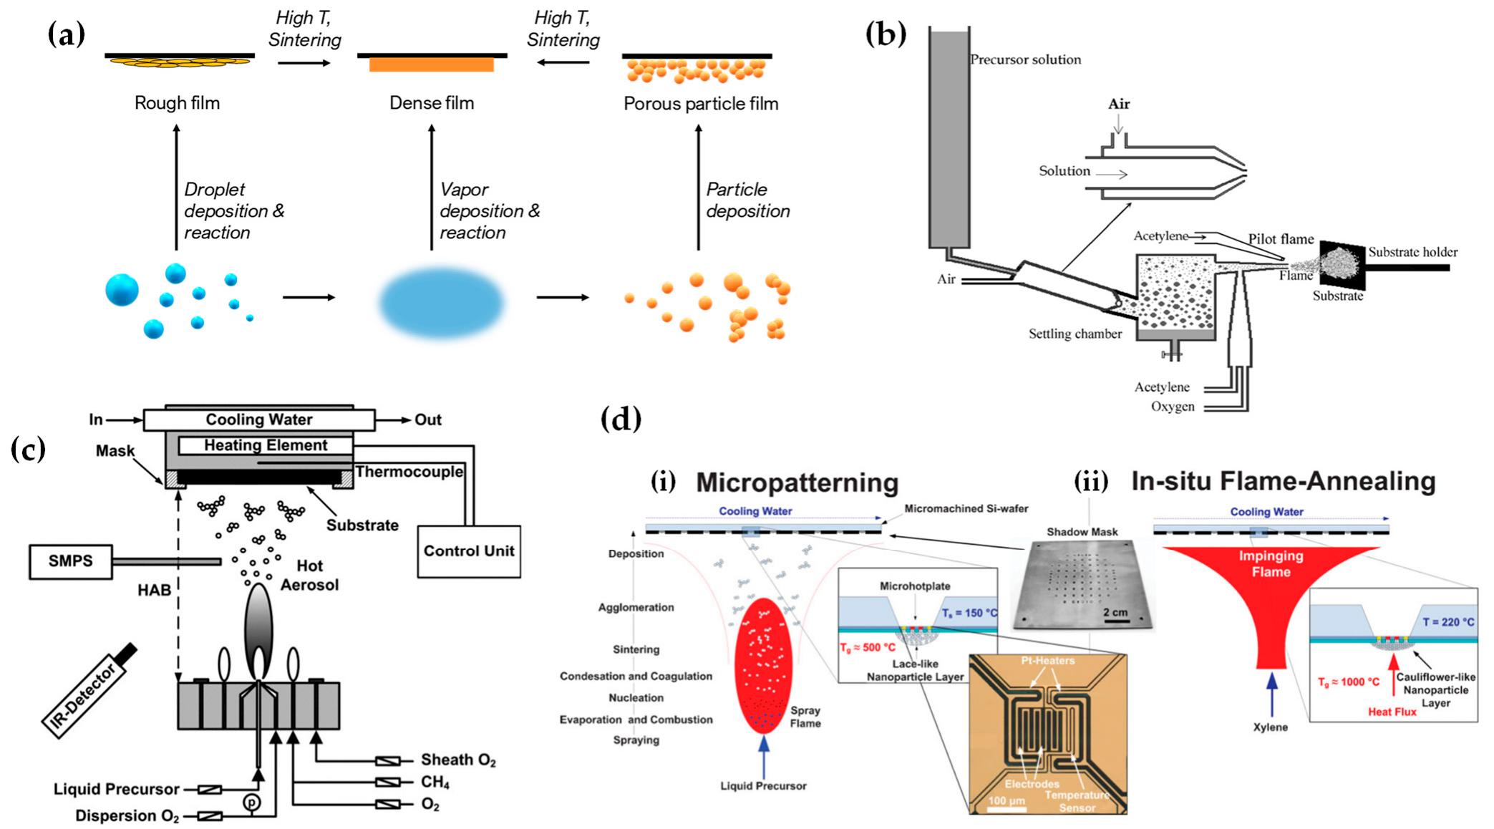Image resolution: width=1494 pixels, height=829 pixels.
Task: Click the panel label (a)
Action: (67, 34)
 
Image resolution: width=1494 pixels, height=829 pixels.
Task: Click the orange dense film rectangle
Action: (432, 65)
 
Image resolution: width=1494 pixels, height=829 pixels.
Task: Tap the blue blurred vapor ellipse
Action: (441, 301)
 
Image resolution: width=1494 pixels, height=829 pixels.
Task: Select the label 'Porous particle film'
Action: (700, 104)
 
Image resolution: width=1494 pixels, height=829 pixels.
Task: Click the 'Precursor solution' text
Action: (1025, 59)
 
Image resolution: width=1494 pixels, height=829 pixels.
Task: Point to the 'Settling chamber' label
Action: (1075, 334)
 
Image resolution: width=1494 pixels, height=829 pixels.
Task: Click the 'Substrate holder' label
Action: (1412, 252)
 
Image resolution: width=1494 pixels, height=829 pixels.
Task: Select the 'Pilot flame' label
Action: (1281, 239)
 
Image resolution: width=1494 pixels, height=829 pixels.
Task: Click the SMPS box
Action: (70, 561)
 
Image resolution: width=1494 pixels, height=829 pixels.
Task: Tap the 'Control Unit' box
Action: (468, 551)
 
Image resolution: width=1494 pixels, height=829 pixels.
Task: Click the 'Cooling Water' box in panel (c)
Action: (258, 420)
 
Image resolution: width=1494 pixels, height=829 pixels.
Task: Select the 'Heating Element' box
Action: (266, 445)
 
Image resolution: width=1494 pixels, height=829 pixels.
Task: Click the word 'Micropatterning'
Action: (797, 483)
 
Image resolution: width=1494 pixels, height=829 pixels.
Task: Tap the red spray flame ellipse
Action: (762, 666)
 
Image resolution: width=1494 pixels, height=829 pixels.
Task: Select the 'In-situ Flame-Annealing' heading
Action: (1283, 481)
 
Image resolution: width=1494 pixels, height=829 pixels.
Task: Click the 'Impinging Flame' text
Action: (1271, 564)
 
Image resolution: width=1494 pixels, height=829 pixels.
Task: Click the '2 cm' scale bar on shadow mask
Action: (1115, 614)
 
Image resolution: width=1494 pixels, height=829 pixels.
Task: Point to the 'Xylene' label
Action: (1270, 727)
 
